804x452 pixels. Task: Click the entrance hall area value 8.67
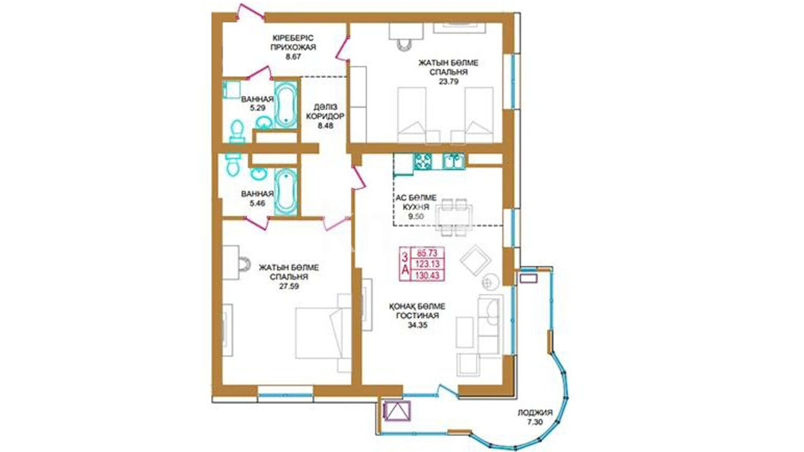(x=293, y=56)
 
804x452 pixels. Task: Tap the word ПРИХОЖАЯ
(x=293, y=47)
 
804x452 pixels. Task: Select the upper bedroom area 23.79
(x=448, y=82)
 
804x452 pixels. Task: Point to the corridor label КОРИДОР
(x=325, y=116)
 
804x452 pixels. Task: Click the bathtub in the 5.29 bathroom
(x=286, y=105)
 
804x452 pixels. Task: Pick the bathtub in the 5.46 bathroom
(x=286, y=192)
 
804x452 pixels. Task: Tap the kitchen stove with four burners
(x=423, y=161)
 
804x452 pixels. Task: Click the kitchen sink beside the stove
(x=454, y=161)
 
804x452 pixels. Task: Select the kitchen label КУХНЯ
(x=416, y=207)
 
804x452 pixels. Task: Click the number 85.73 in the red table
(x=427, y=253)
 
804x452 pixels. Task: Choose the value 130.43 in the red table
(x=427, y=275)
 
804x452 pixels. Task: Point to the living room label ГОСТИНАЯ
(x=417, y=316)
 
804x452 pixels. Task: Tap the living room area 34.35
(x=417, y=325)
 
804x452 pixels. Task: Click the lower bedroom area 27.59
(x=289, y=287)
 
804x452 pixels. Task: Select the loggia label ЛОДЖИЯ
(x=535, y=413)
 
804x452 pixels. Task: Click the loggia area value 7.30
(x=535, y=422)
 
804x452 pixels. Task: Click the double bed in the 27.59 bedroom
(x=323, y=333)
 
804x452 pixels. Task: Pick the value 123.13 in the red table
(x=427, y=264)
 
